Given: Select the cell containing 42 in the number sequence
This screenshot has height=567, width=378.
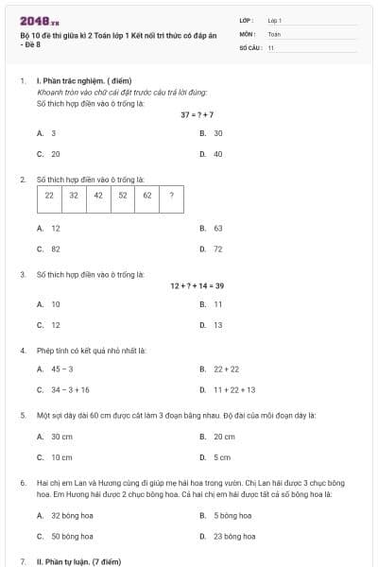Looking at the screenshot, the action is pyautogui.click(x=98, y=196).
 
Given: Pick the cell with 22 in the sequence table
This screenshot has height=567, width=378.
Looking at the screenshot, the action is pyautogui.click(x=49, y=196).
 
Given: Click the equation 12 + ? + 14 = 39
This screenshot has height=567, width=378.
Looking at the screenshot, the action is pyautogui.click(x=198, y=284).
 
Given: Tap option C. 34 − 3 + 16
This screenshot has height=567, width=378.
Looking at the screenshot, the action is pyautogui.click(x=64, y=389).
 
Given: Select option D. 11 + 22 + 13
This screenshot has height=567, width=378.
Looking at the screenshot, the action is pyautogui.click(x=228, y=389).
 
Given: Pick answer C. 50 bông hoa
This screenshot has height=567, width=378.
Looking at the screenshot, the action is pyautogui.click(x=64, y=536).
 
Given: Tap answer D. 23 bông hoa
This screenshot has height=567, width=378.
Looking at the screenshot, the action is pyautogui.click(x=227, y=536).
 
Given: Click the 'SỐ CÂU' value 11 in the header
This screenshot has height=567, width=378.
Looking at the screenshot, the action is pyautogui.click(x=271, y=46).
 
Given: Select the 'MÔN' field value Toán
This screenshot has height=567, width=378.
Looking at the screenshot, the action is pyautogui.click(x=274, y=33).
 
